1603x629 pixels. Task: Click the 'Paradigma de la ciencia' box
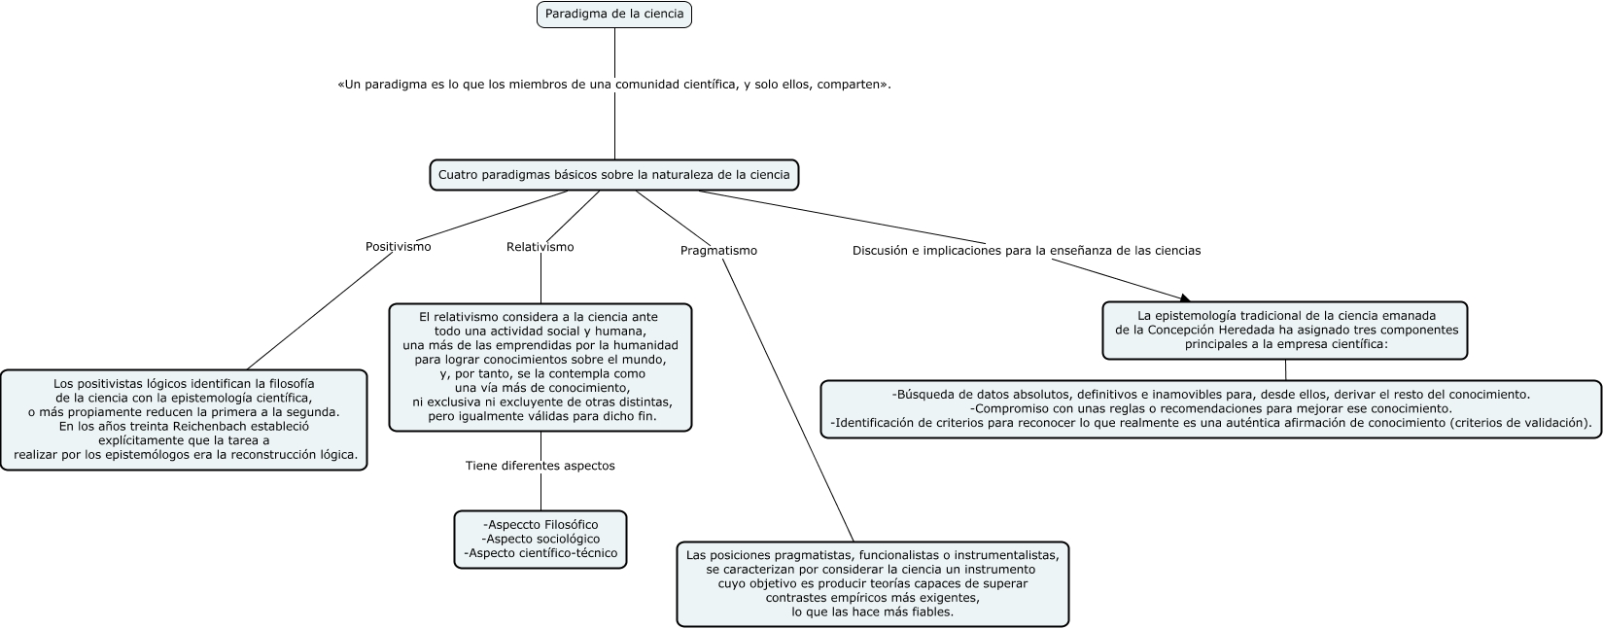[x=614, y=14]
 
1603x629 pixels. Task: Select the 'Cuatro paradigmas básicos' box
[x=614, y=175]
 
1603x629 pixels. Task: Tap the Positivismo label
[x=398, y=247]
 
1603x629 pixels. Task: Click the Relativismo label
[x=540, y=247]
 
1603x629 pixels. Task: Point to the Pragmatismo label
[x=718, y=251]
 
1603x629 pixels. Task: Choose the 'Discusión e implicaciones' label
[x=1027, y=251]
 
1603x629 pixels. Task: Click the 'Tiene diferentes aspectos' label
[x=540, y=466]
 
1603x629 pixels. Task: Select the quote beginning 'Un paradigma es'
[x=614, y=85]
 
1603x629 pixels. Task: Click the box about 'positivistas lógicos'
[x=184, y=420]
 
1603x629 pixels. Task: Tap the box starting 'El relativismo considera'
[x=540, y=367]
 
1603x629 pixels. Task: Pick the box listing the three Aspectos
[x=540, y=540]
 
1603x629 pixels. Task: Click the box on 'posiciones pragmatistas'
[x=872, y=584]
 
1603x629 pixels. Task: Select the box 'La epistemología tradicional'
[x=1285, y=331]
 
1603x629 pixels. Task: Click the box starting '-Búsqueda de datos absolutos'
[x=1211, y=409]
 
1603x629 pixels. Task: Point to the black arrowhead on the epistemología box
[x=1185, y=298]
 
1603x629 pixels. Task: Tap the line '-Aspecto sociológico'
[x=540, y=540]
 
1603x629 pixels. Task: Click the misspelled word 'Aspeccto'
[x=511, y=525]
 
